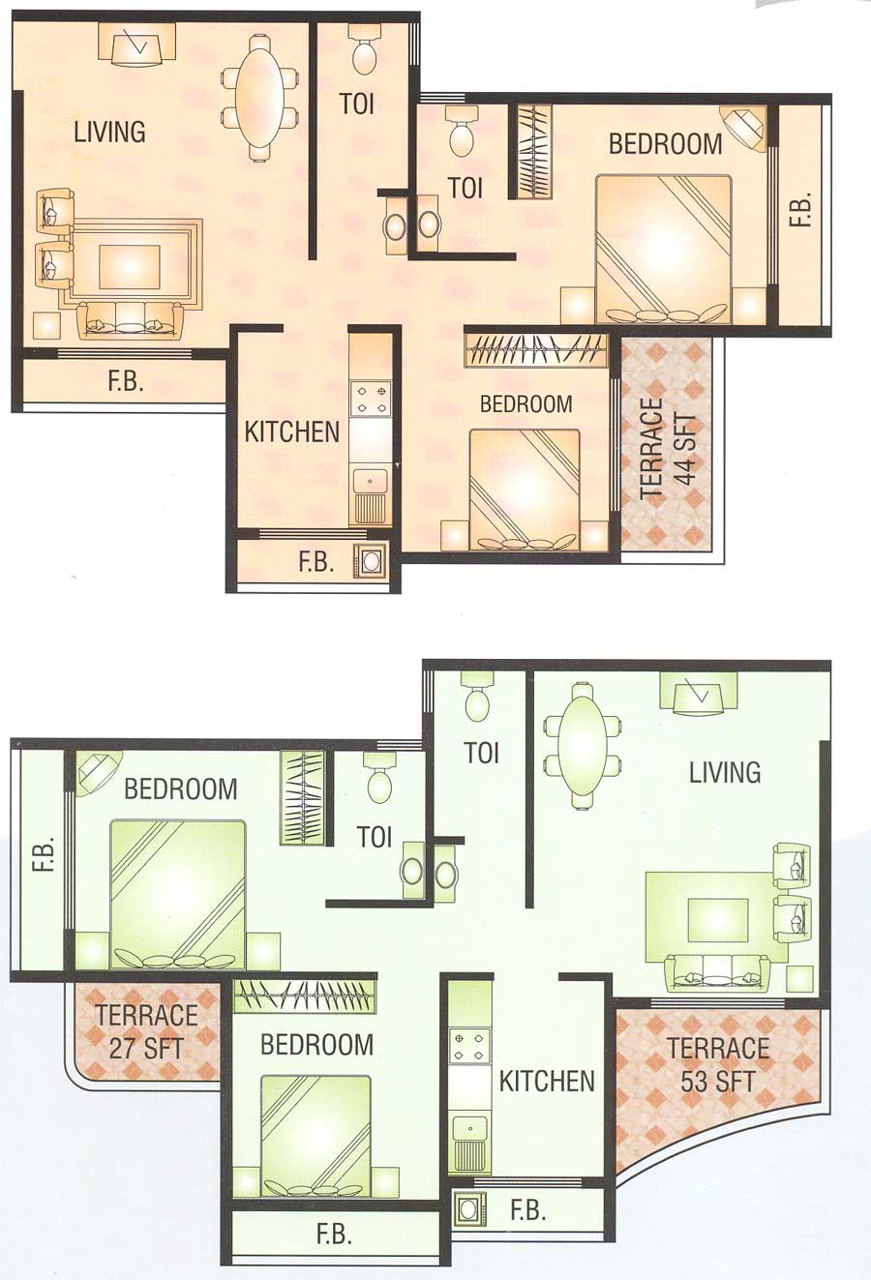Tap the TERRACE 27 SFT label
click(x=146, y=1031)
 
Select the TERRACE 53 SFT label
click(x=718, y=1063)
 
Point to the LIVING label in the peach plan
click(x=109, y=132)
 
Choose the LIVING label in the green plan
click(x=725, y=772)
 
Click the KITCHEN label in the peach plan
click(x=292, y=432)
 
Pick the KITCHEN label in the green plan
click(x=547, y=1081)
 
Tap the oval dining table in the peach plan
click(x=259, y=96)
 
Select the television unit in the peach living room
click(x=136, y=45)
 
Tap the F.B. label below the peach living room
click(x=125, y=381)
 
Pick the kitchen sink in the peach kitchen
click(x=371, y=480)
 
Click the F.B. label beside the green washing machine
click(x=528, y=1209)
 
